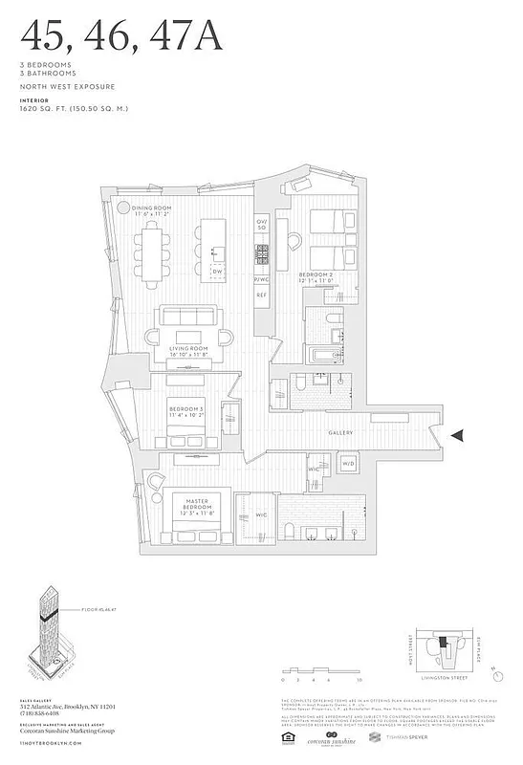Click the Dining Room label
pos(151,210)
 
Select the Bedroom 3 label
pos(186,411)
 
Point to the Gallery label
pos(341,433)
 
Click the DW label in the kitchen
pos(217,272)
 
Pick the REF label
pos(261,295)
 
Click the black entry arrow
pos(459,435)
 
